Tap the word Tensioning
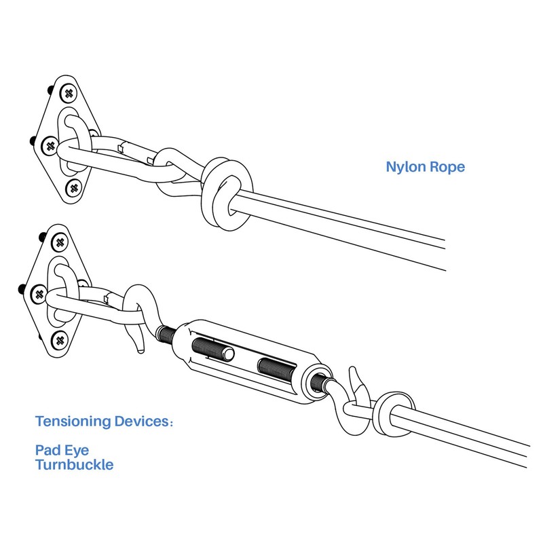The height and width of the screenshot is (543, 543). pos(73,422)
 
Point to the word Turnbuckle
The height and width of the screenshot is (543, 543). pos(74,465)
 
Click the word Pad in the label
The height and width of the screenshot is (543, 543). pos(48,450)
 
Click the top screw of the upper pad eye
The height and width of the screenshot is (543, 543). pos(69,93)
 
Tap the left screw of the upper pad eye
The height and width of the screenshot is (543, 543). pos(50,146)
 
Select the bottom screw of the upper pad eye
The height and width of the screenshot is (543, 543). pos(74,188)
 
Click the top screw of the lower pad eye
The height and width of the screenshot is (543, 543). pos(60,242)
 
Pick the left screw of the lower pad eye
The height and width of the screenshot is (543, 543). pos(39,295)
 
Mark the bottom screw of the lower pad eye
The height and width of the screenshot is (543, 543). pos(60,341)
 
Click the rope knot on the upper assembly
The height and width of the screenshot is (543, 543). pos(226,194)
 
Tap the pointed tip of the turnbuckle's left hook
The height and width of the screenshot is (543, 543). pos(141,350)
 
